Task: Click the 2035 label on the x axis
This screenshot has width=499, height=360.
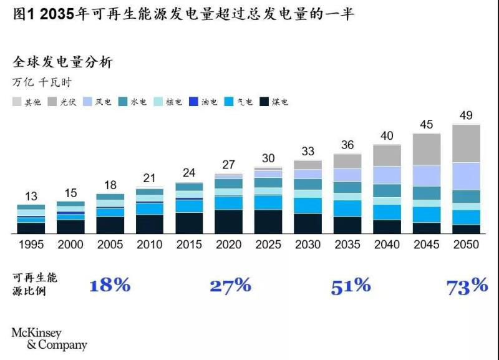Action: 347,244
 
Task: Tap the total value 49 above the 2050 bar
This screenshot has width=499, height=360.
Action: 466,115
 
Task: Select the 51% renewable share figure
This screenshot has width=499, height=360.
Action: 351,286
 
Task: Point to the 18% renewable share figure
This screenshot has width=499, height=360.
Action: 110,286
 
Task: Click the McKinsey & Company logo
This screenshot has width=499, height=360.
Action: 49,338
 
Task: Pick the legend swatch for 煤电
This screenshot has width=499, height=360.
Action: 264,102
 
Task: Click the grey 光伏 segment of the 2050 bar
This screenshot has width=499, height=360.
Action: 466,144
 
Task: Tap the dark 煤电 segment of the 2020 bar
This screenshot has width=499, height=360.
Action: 229,221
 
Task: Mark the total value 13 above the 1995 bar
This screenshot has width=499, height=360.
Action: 31,196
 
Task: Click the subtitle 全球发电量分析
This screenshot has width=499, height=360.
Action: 62,62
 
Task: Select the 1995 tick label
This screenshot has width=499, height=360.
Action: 31,244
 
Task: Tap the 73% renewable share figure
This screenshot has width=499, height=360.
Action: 467,286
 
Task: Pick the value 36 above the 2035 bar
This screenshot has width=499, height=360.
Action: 347,145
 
